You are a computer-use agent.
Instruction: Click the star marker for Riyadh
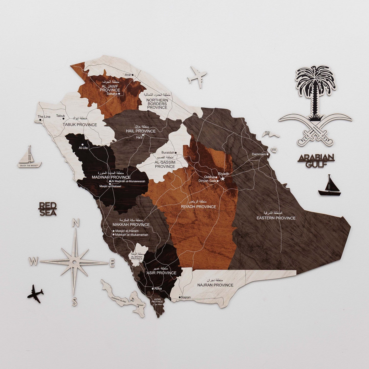(223, 179)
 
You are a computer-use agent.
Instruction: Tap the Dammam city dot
(267, 154)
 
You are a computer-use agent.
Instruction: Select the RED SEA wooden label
(47, 209)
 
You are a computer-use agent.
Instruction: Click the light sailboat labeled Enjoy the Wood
(30, 158)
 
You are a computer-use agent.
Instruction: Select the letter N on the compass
(76, 223)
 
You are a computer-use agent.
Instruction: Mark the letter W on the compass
(33, 261)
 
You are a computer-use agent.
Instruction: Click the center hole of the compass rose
(74, 262)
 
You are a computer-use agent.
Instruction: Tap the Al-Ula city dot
(82, 145)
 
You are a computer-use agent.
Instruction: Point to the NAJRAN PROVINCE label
(215, 285)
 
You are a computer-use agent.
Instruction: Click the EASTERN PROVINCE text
(276, 218)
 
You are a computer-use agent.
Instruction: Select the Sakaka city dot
(119, 94)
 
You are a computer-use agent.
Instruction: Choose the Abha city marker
(153, 289)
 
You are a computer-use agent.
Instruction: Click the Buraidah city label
(168, 152)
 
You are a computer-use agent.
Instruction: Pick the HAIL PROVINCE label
(141, 131)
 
